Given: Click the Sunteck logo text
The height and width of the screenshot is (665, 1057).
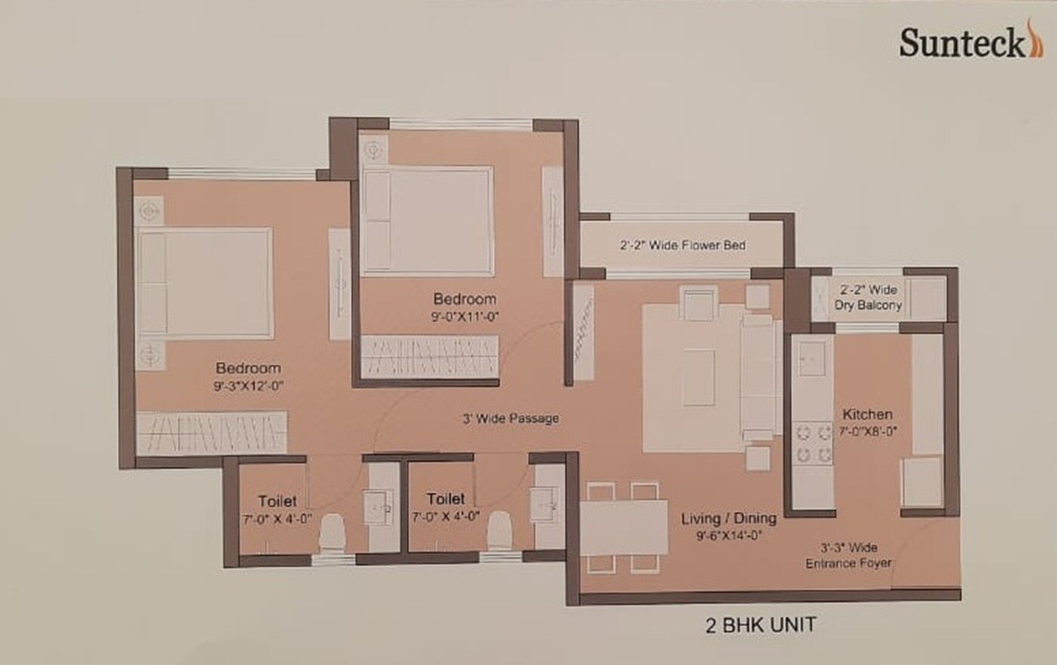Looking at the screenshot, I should tap(960, 43).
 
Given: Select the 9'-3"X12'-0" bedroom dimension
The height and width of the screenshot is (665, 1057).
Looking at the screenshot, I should tap(248, 385).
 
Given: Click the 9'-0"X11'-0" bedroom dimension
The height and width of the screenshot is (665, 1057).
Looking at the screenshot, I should tap(464, 317).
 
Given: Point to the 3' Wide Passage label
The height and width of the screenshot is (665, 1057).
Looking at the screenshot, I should tap(510, 418).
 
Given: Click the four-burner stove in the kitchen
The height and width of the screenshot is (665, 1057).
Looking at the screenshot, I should tap(813, 444).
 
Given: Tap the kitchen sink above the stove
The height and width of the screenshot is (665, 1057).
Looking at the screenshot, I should tap(813, 358).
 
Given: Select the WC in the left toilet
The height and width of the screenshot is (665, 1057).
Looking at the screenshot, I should tap(331, 533).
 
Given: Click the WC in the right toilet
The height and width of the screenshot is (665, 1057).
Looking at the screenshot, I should tap(499, 531).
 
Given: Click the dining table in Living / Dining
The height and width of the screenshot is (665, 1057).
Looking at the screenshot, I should tap(624, 528).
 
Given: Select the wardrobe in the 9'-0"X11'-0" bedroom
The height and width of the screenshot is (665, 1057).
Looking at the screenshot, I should tap(430, 355).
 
